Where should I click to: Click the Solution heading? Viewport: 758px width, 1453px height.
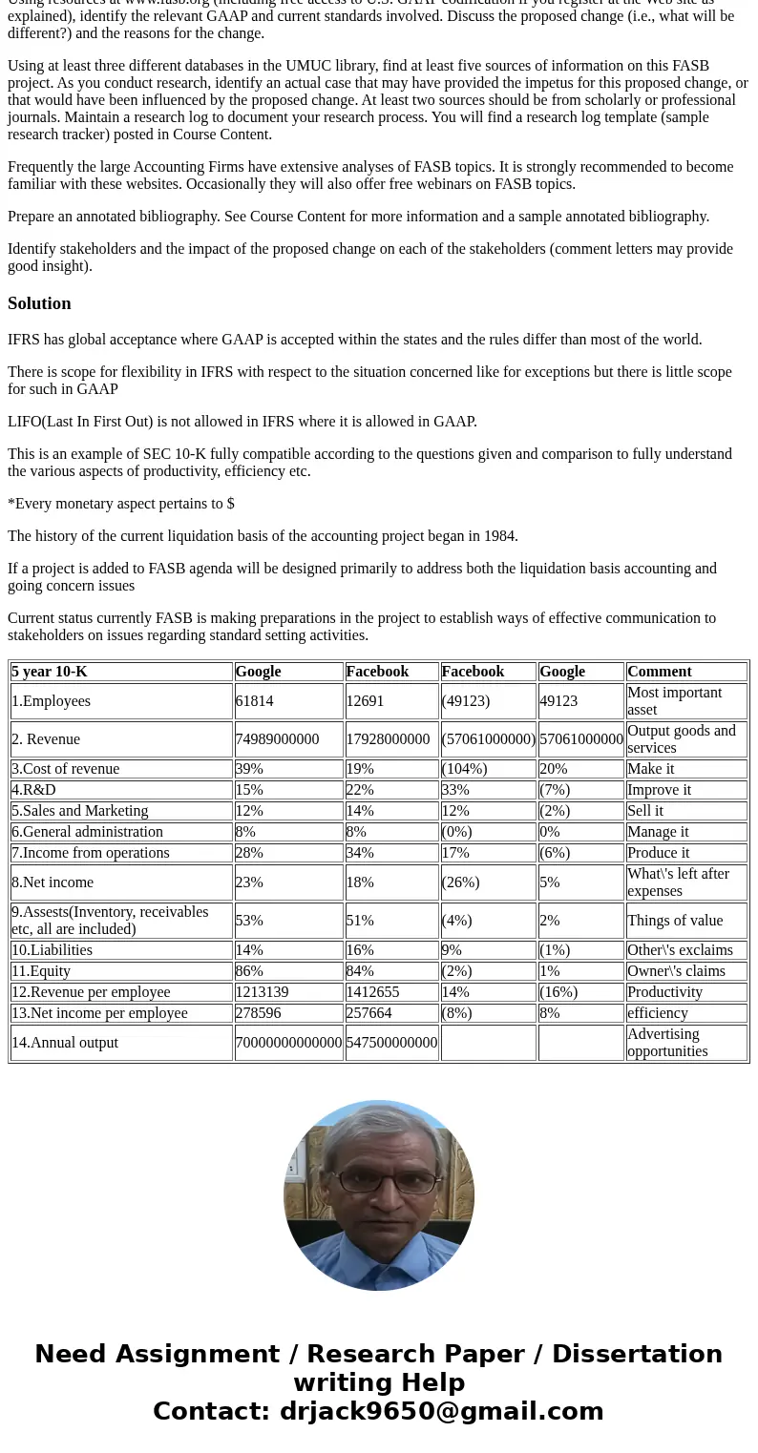pos(39,303)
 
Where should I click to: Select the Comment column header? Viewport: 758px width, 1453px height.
pos(659,672)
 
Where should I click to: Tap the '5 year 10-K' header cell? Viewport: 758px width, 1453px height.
pos(50,672)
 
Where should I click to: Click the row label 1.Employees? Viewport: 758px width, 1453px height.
pos(52,701)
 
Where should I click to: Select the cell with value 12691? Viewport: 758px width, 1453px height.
pos(365,701)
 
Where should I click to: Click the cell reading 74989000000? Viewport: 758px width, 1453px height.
pos(277,739)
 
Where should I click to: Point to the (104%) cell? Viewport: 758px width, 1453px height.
pos(464,769)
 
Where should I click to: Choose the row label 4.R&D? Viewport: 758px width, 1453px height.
pos(33,790)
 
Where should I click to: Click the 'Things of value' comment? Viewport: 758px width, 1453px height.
pos(675,921)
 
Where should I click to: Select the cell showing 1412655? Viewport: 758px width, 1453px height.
pos(372,992)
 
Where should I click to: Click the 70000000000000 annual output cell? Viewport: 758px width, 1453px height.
pos(288,1043)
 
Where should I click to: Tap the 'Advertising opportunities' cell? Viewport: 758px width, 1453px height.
pos(666,1043)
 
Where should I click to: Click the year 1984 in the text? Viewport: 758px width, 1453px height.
pos(499,536)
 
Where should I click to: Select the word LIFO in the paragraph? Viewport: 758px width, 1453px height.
pos(24,422)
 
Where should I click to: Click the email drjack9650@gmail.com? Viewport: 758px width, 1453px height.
pos(441,1411)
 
